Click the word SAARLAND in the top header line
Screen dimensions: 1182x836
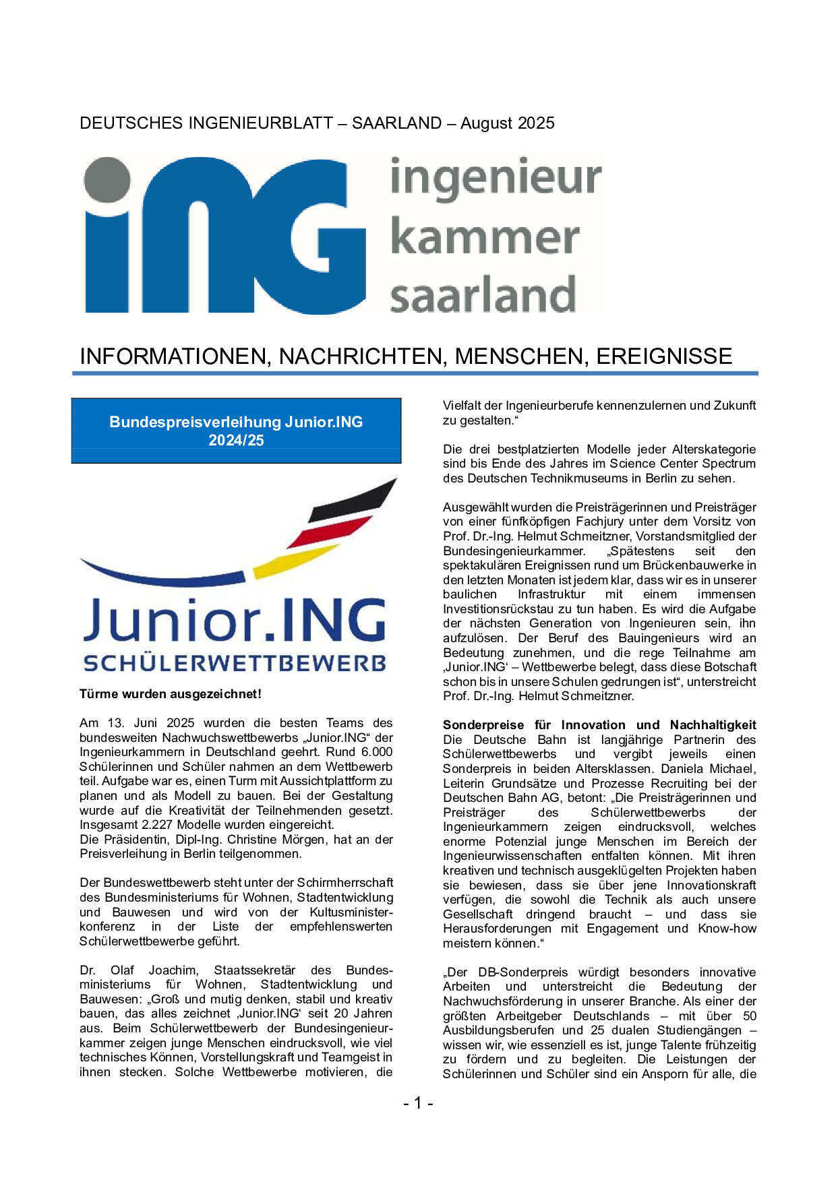point(396,123)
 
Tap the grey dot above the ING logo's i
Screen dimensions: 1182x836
point(107,180)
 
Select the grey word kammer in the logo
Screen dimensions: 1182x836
point(484,237)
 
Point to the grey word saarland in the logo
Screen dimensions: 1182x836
point(483,295)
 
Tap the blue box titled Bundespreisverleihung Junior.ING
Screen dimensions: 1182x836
point(236,431)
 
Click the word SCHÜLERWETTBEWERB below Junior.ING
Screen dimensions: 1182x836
point(235,663)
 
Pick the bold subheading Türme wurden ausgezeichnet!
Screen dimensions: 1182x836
point(170,694)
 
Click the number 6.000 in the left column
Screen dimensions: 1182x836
point(377,752)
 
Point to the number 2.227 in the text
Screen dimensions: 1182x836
point(157,825)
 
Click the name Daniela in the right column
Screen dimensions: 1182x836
point(685,769)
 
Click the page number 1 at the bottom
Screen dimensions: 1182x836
point(418,1103)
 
